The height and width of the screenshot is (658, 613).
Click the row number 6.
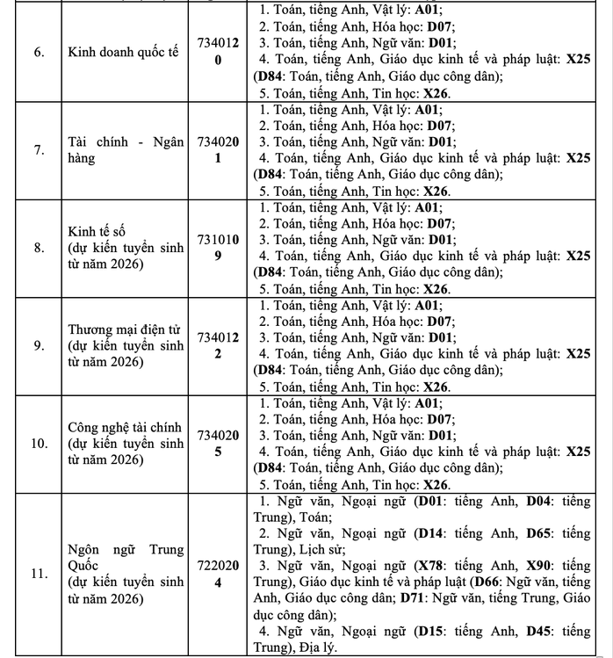[x=39, y=53]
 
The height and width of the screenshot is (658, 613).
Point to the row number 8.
[x=39, y=248]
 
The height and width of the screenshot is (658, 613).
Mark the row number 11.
[x=39, y=575]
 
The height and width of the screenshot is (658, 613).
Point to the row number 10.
[x=39, y=444]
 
